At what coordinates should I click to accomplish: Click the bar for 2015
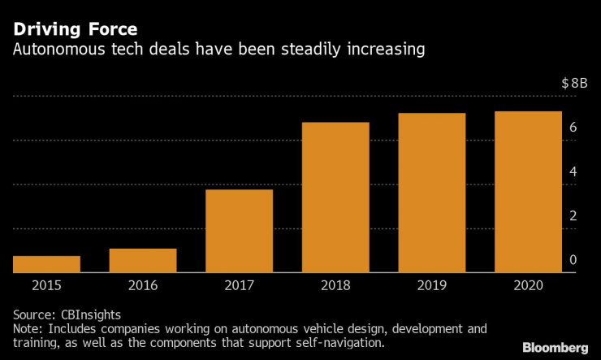pyautogui.click(x=46, y=264)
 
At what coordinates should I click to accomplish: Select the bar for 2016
pyautogui.click(x=143, y=260)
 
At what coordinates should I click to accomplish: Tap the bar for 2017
pyautogui.click(x=239, y=231)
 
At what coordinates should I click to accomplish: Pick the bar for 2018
pyautogui.click(x=335, y=197)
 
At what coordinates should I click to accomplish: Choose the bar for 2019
pyautogui.click(x=432, y=193)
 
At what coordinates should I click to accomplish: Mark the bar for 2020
pyautogui.click(x=528, y=192)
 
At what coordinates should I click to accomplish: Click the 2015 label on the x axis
pyautogui.click(x=46, y=285)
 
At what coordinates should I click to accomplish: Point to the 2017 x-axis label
pyautogui.click(x=239, y=285)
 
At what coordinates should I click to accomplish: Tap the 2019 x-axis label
pyautogui.click(x=432, y=285)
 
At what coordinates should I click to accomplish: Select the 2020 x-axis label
pyautogui.click(x=528, y=285)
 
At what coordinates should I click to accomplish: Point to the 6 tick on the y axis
pyautogui.click(x=573, y=128)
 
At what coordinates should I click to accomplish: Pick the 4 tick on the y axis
pyautogui.click(x=573, y=171)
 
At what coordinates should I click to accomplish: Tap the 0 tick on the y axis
pyautogui.click(x=573, y=260)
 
